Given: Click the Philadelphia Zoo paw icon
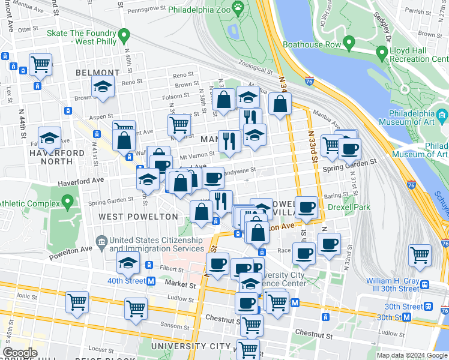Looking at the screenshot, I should click(x=238, y=8).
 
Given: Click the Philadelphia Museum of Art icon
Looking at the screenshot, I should click(x=442, y=114).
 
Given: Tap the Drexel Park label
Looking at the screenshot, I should click(x=349, y=207).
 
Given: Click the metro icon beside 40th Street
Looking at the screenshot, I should click(x=151, y=281).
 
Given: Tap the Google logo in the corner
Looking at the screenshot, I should click(x=20, y=353).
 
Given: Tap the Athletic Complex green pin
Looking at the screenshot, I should click(x=68, y=201).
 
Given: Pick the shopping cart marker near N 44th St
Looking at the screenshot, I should click(x=40, y=63).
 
